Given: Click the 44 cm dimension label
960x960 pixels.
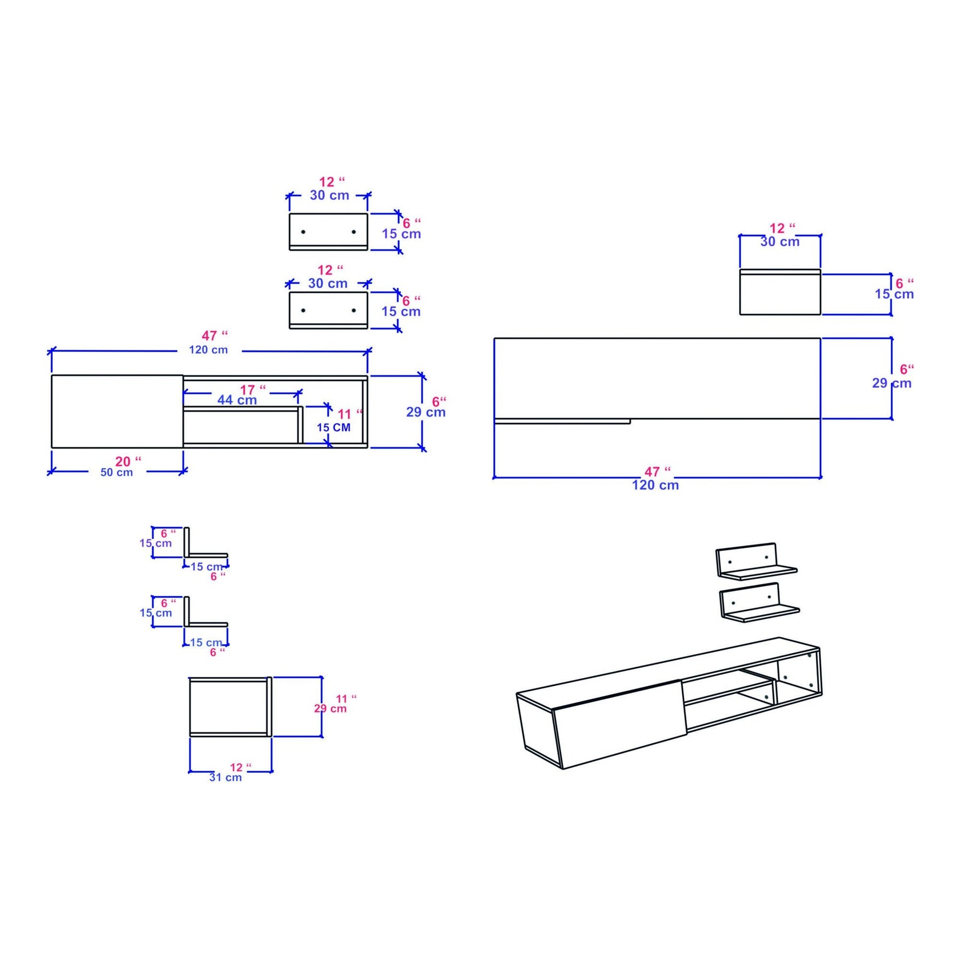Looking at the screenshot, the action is (x=237, y=400).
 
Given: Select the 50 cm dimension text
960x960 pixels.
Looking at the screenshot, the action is (x=117, y=473).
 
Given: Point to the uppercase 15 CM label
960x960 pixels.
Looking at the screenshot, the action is (x=334, y=428).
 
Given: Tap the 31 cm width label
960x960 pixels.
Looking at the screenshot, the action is (x=226, y=778).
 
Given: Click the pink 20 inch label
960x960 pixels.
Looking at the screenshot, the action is (x=129, y=461).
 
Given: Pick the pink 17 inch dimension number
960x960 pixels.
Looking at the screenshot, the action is (x=253, y=390).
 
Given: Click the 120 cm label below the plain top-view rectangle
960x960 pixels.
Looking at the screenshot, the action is (x=655, y=485).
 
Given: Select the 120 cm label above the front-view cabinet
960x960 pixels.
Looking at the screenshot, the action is (x=209, y=350).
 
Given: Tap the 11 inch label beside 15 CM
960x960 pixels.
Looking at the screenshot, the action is (x=350, y=414).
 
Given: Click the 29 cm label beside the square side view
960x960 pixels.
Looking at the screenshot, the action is (x=330, y=708).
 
